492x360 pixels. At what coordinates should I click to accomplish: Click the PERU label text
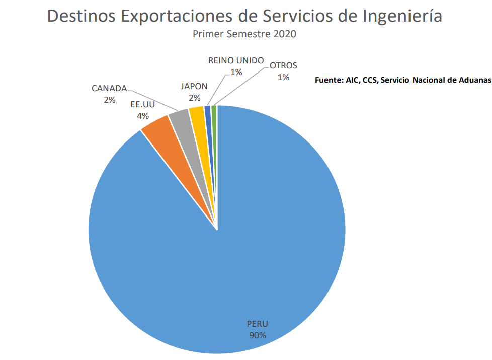(257, 324)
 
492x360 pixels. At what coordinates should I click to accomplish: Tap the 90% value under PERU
(257, 335)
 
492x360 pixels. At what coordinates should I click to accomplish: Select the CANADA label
(109, 89)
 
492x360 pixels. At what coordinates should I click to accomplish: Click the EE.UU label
(143, 105)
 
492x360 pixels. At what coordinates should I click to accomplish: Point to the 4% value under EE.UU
(143, 116)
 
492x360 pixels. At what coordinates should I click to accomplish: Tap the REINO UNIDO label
(236, 61)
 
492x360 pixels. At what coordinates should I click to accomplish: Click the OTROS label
(283, 65)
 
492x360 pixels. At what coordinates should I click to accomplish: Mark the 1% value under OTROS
(283, 77)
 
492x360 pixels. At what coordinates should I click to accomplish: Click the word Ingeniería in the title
(402, 16)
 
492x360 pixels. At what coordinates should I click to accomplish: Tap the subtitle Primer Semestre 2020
(245, 34)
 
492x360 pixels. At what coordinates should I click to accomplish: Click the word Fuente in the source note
(328, 80)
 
